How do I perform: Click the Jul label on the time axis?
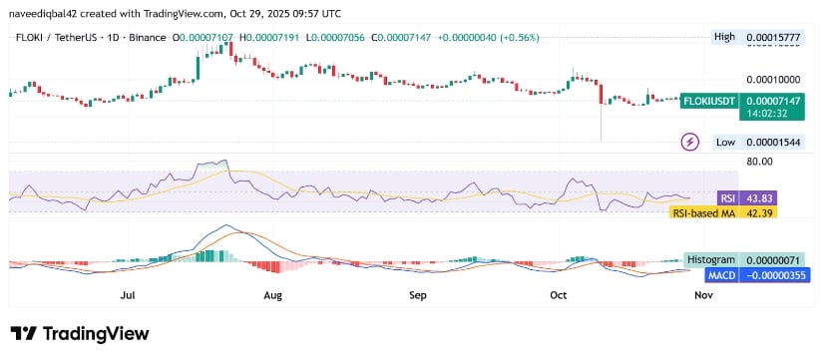pos(127,295)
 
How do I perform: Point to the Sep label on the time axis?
pos(418,295)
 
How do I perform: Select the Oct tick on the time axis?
pos(559,295)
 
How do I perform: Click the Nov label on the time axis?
pos(704,295)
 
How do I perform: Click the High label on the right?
pos(724,37)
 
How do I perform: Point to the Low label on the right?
pos(725,143)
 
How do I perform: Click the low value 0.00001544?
pos(774,143)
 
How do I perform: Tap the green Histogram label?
pos(709,259)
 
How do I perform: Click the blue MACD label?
pos(720,273)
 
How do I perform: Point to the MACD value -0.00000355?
pos(774,273)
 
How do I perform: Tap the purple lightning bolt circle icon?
pos(689,143)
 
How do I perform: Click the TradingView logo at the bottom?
pos(80,333)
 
